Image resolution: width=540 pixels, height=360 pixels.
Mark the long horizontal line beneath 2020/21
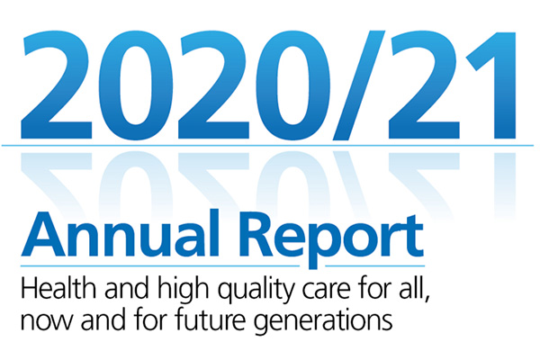[270, 145]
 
